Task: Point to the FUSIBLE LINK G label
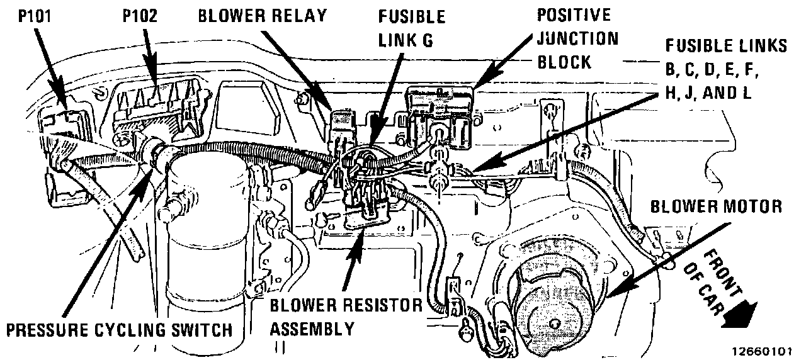pos(412,26)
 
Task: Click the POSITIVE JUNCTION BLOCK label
pos(576,38)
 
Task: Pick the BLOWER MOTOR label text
pos(716,206)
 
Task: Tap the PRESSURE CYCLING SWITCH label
pos(119,330)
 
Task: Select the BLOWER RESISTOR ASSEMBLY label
pos(346,317)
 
